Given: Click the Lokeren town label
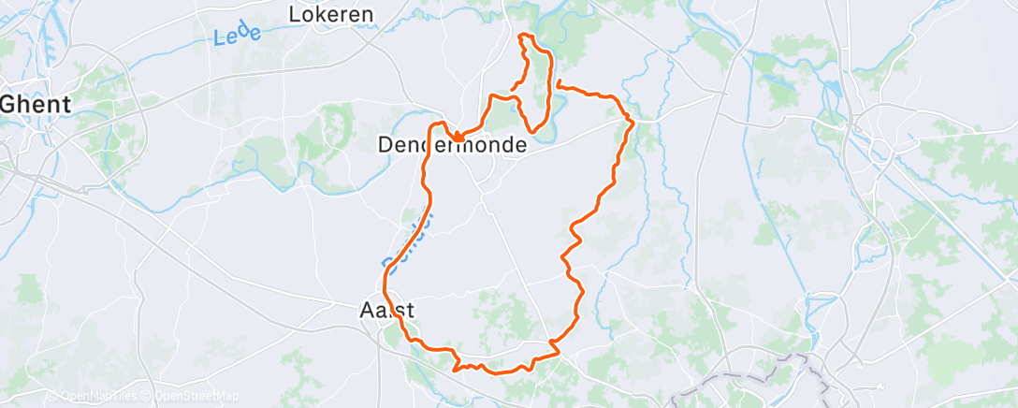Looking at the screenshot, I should click(331, 14).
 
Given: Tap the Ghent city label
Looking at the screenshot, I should click(35, 105).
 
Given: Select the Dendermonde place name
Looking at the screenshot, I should click(452, 146).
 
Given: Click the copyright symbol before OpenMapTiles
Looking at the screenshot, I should click(52, 397).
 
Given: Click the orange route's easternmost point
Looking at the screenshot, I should click(634, 122).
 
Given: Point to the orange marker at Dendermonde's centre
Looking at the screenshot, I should click(458, 138).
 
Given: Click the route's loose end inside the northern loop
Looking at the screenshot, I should click(511, 91).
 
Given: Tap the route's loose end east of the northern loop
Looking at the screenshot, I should click(559, 85).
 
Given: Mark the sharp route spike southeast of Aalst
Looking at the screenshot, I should click(455, 369).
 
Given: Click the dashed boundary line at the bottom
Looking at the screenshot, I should click(749, 374).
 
